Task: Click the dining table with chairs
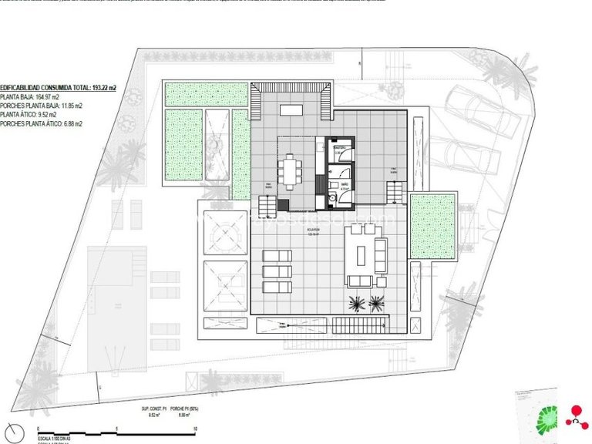[291, 171]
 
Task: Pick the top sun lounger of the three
[277, 256]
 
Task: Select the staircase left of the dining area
[266, 206]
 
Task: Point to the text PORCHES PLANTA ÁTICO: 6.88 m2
[42, 123]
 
